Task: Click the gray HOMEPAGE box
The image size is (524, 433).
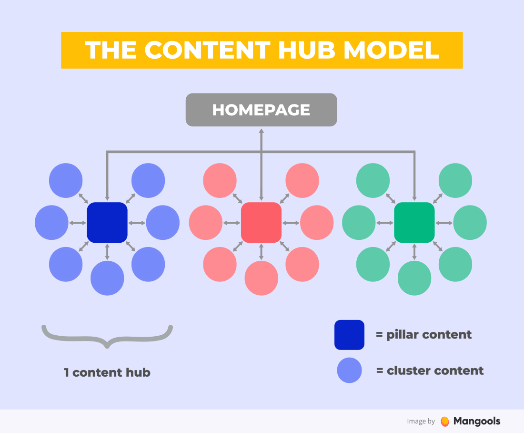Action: (261, 110)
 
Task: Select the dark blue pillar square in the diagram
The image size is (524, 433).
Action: (107, 222)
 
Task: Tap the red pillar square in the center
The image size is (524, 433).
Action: (261, 222)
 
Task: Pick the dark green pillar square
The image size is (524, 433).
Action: (414, 222)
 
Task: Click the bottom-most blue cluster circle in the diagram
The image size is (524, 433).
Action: (107, 278)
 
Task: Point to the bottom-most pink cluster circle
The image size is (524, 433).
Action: (261, 278)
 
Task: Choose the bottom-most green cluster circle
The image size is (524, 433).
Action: (414, 278)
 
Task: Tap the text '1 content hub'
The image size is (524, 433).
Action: (107, 372)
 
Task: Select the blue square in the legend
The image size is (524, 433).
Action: (349, 335)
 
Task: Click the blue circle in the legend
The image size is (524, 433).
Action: (349, 371)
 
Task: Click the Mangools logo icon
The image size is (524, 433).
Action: (445, 421)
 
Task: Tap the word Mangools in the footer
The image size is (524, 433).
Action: (477, 421)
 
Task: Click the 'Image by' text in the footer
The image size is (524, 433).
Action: (421, 421)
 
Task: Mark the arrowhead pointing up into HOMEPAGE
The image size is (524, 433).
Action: (261, 130)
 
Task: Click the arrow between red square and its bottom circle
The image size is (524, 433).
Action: (261, 251)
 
